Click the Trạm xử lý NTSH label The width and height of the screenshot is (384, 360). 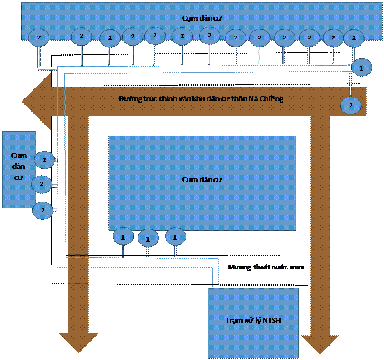coord(253,321)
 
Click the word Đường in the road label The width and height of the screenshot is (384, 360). coord(128,99)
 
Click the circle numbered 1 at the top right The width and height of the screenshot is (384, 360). coord(361,67)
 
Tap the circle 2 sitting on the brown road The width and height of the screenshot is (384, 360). coord(350,104)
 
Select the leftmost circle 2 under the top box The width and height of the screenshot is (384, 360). coord(39,37)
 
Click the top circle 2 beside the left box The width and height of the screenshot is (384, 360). coord(44,160)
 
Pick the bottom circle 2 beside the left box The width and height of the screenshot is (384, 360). coord(43,210)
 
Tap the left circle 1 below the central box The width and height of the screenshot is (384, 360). coord(123,237)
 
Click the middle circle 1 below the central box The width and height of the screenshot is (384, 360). coord(148,239)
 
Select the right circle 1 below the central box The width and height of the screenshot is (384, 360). coord(175,237)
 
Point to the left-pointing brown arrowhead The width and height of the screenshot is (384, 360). coord(36,101)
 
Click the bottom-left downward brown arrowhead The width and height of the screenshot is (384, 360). coord(78,342)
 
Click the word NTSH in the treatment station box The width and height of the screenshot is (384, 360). coord(272,321)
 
